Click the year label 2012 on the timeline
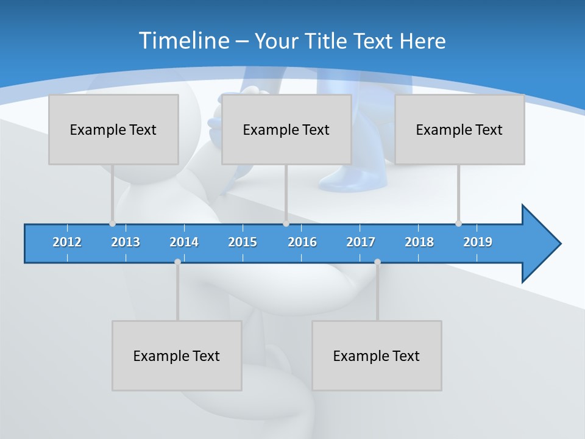[x=67, y=242]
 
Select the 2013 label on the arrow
[x=126, y=242]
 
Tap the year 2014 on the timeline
[x=184, y=242]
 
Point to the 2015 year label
[x=243, y=242]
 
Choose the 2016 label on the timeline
[x=302, y=242]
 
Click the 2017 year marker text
[x=361, y=242]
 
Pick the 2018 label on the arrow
[x=419, y=242]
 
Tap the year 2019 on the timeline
[x=478, y=242]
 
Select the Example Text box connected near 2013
[x=113, y=129]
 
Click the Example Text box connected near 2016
[x=286, y=129]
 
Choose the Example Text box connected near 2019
[x=459, y=129]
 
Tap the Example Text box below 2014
[x=177, y=355]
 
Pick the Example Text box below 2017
[x=377, y=355]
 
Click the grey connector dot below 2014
[x=177, y=262]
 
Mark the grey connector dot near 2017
[x=377, y=262]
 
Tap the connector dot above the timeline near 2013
[x=112, y=223]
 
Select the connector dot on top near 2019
[x=458, y=223]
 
